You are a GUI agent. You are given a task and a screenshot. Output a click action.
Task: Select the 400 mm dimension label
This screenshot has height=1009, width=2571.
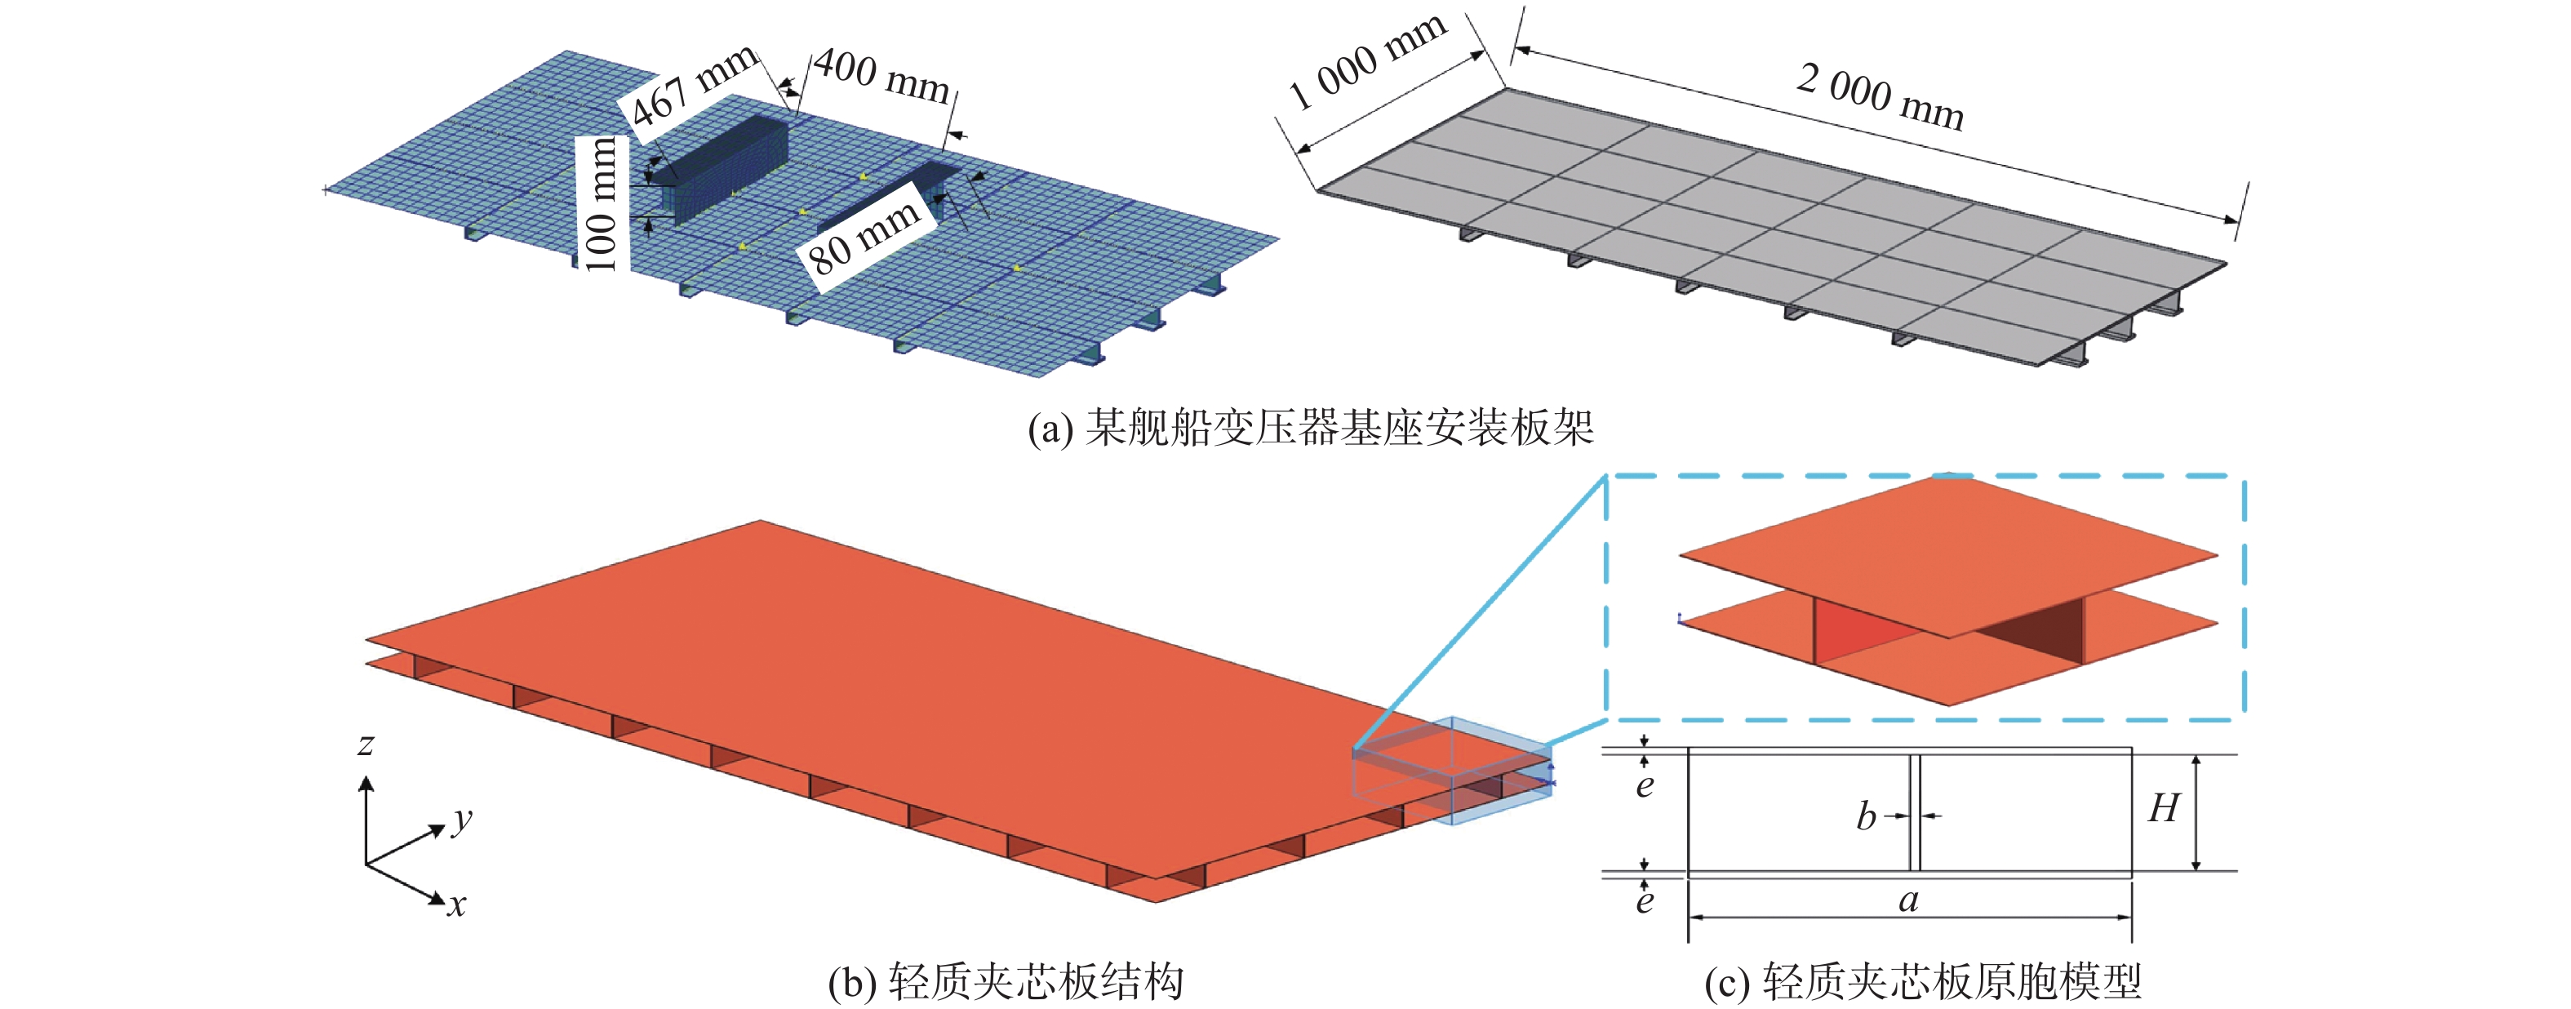point(881,76)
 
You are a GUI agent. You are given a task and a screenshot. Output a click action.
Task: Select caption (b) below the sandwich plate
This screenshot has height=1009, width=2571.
point(1005,982)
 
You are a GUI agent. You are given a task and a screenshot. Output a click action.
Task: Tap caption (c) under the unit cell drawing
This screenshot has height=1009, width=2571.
point(1922,982)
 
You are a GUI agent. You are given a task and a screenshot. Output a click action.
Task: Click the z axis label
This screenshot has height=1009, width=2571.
point(366,745)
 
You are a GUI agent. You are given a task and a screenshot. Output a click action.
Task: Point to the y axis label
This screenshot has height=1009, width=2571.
point(461,820)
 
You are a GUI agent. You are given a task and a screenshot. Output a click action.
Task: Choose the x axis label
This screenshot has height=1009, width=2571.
point(456,905)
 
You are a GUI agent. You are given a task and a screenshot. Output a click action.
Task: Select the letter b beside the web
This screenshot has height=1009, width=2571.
point(1865,817)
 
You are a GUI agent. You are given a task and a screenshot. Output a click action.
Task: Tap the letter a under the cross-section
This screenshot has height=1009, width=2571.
point(1908,900)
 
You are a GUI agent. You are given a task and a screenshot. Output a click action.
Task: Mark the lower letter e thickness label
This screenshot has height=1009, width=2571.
point(1645,901)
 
